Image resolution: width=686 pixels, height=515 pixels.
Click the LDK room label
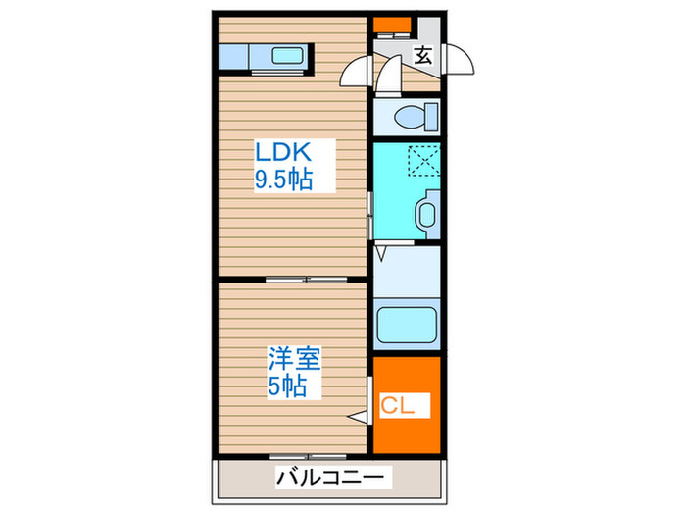283,152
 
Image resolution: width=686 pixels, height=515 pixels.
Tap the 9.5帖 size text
284,181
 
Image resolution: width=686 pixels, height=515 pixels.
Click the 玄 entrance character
422,55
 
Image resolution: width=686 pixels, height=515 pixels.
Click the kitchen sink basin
287,56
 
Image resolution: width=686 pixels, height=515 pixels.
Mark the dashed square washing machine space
424,159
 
